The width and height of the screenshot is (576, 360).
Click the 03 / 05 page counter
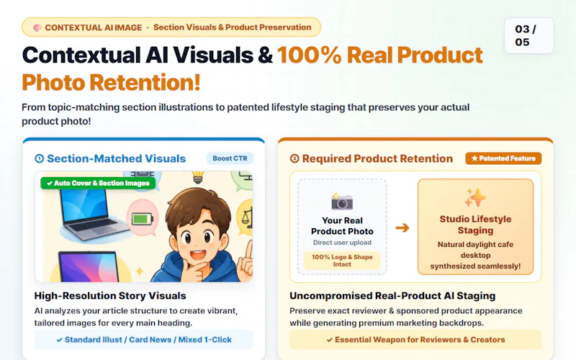[x=529, y=35]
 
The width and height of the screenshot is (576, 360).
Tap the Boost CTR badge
[x=230, y=158]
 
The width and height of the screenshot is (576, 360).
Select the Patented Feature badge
[x=503, y=158]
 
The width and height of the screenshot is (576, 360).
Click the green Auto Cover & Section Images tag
[x=98, y=183]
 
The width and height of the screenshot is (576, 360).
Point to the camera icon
[x=342, y=201]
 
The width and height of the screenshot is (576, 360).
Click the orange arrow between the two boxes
[x=402, y=228]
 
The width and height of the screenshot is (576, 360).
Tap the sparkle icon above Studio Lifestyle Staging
[x=475, y=197]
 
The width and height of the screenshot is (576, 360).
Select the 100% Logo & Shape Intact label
[x=342, y=261]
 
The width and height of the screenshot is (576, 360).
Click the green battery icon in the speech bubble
[x=142, y=220]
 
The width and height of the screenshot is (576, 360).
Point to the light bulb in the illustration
[x=198, y=177]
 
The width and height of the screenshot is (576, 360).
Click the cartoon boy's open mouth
[x=197, y=254]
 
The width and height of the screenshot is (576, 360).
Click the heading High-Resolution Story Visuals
[x=110, y=296]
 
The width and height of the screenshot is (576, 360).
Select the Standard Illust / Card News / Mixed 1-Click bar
[x=144, y=340]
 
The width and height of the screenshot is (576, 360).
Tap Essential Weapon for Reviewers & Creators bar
[x=415, y=340]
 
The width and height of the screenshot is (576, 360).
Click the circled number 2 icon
[x=294, y=158]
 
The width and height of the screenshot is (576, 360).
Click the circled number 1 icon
[x=40, y=158]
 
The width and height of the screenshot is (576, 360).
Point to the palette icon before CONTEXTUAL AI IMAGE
[x=37, y=27]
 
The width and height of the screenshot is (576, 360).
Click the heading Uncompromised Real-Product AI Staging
[x=392, y=296]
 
